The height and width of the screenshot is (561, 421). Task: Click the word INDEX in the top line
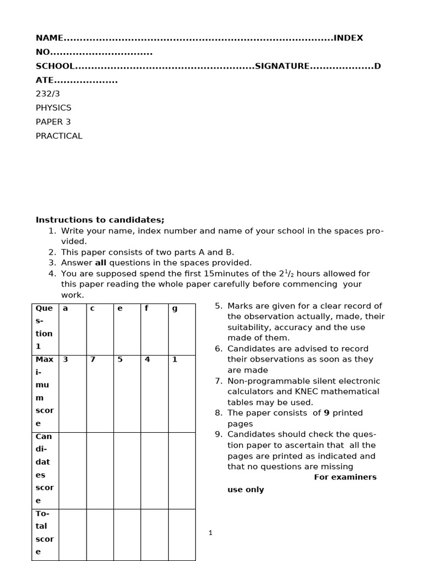(x=348, y=38)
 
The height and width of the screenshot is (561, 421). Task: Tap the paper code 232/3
(x=48, y=94)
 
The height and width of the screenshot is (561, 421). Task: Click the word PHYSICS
(x=53, y=108)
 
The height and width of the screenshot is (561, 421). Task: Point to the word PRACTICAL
(x=59, y=136)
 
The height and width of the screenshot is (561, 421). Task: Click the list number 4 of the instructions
(x=51, y=273)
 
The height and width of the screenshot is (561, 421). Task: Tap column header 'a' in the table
(x=65, y=308)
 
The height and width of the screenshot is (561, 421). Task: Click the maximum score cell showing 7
(x=93, y=360)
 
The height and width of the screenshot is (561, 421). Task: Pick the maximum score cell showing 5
(x=120, y=360)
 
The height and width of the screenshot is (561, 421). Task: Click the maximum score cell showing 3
(x=65, y=360)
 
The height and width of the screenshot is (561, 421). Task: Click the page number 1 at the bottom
(x=210, y=533)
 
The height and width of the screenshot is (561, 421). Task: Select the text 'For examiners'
(x=345, y=477)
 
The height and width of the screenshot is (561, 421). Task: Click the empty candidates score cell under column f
(x=154, y=470)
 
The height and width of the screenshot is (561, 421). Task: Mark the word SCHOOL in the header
(x=55, y=66)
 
